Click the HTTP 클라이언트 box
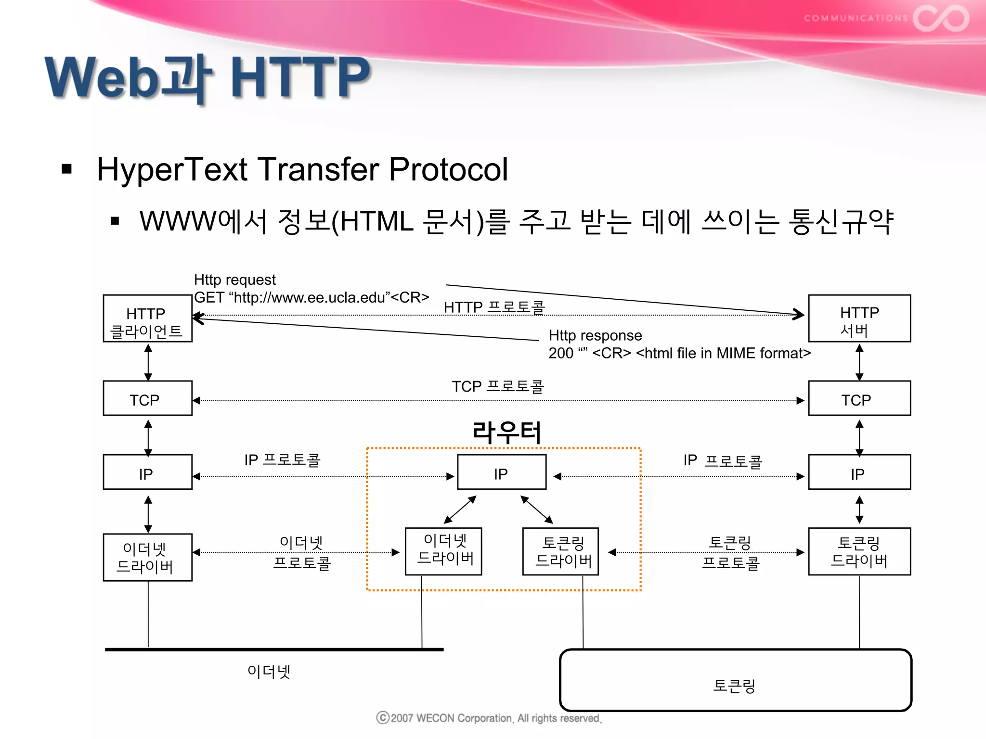(147, 319)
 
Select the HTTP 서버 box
(859, 319)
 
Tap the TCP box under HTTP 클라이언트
(147, 398)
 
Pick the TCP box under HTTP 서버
(859, 398)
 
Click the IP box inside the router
(501, 472)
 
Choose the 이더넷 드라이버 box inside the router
(443, 551)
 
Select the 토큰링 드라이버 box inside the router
(560, 551)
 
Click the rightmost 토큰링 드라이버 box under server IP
(859, 551)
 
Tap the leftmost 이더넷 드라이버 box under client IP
(147, 557)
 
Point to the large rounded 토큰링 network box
(735, 680)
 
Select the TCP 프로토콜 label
(497, 386)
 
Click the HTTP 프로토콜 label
(494, 307)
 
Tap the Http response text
(595, 335)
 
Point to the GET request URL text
(311, 298)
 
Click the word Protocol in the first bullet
(448, 169)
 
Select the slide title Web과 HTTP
(207, 77)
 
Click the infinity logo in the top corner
(940, 19)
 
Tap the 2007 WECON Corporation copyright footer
(489, 718)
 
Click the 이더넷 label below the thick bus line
(268, 671)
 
